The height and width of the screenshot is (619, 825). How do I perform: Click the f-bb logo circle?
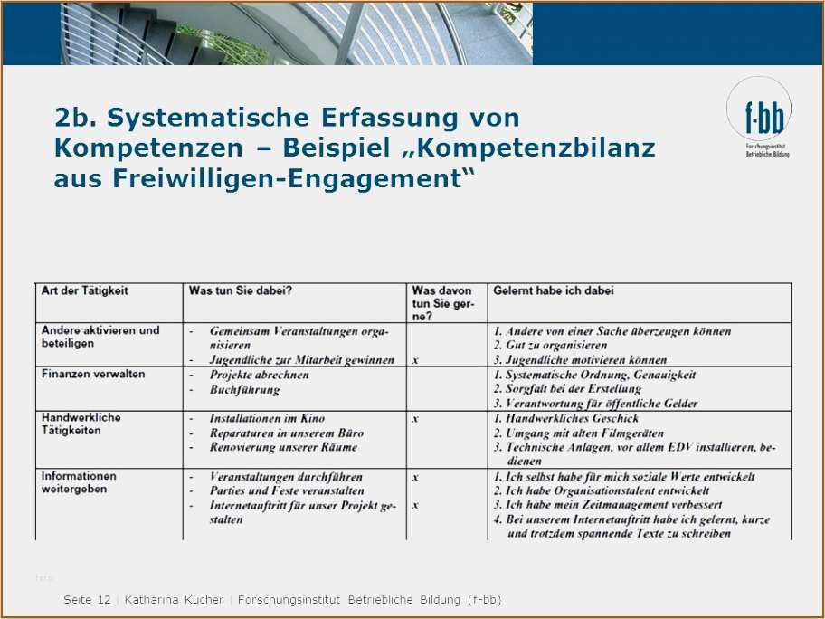coord(759,110)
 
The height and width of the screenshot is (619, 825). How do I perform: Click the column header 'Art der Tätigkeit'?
coord(85,291)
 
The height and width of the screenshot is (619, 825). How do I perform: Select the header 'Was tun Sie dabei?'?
coord(240,291)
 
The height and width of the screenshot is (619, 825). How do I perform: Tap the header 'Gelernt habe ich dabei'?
coord(553,291)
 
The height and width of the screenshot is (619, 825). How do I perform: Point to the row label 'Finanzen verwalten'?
coord(93,374)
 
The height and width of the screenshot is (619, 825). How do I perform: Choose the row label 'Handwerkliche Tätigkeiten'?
coord(81,424)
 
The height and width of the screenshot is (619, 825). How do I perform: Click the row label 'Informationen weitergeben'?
coord(79,482)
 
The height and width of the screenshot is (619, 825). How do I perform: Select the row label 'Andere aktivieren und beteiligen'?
coord(100,337)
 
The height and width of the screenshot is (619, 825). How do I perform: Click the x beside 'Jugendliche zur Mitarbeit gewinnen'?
coord(415,360)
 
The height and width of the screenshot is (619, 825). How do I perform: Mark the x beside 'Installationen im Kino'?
coord(415,419)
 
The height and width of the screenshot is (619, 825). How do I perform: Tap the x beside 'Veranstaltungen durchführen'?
coord(415,477)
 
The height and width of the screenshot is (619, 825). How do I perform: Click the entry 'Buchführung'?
coord(244,390)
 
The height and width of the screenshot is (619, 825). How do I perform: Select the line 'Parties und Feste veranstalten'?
coord(287,491)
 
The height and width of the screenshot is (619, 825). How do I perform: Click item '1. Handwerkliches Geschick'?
coord(565,419)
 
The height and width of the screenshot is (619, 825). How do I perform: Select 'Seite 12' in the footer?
coord(87,600)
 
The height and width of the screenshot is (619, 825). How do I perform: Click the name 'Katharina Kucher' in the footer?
coord(174,600)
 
